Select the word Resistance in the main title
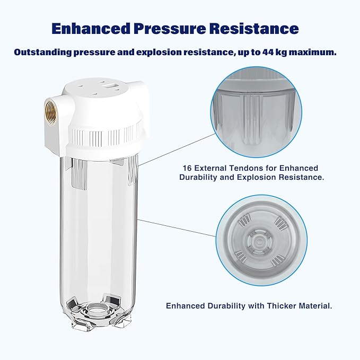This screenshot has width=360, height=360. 260,28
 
